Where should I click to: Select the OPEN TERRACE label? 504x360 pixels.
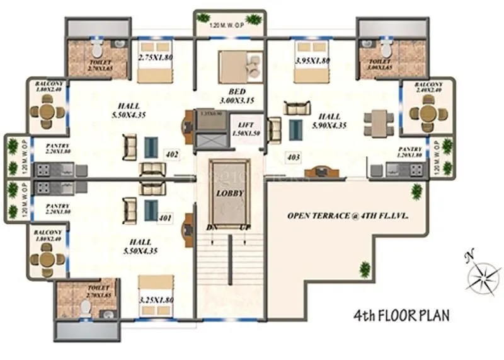point(348,215)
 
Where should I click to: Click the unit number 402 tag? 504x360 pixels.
point(171,153)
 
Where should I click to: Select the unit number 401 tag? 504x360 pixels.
point(166,219)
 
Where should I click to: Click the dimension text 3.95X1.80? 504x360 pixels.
point(312,61)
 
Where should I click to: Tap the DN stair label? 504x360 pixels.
point(212,227)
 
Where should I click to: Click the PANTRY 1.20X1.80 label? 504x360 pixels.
point(409,151)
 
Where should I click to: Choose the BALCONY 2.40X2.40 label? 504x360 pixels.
point(428,87)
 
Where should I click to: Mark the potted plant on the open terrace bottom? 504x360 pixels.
point(365,270)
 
